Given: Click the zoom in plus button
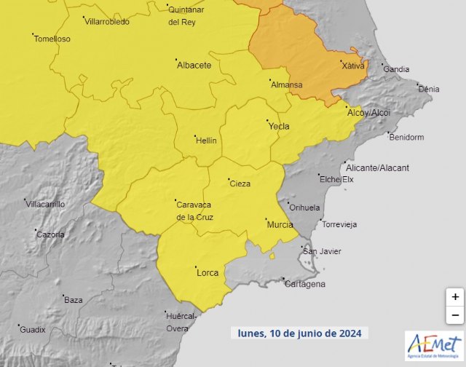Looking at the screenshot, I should (455, 297).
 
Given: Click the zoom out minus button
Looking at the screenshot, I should (455, 315).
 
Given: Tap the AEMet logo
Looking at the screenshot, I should (433, 345).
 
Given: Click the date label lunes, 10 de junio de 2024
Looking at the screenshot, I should (300, 333).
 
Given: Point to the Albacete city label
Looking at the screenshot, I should (194, 65).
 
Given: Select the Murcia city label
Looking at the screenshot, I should (280, 224).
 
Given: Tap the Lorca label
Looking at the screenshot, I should (208, 273).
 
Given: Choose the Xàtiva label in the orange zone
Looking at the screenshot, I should (353, 66).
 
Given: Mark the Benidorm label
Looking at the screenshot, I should (406, 137).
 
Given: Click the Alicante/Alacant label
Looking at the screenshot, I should (378, 167).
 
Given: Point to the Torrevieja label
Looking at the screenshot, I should (339, 224).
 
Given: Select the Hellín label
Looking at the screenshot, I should (206, 141).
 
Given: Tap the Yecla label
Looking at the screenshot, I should (279, 127).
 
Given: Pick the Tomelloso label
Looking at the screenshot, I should (52, 39).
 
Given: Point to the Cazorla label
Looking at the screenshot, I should (50, 234).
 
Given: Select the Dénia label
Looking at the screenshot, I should (429, 89).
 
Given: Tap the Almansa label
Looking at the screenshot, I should (286, 85).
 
